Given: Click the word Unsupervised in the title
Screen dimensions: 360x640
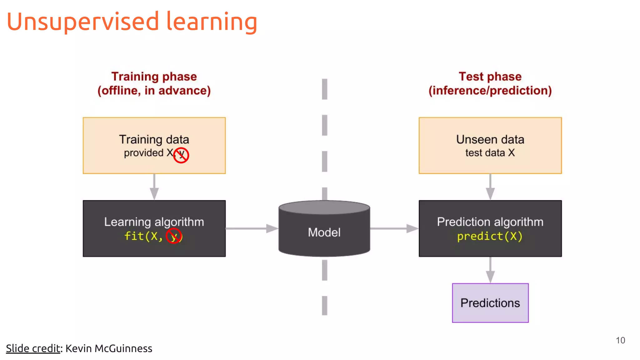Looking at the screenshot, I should [83, 22].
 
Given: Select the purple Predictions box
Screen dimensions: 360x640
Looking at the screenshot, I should [490, 303].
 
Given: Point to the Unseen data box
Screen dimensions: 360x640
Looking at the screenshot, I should [490, 145].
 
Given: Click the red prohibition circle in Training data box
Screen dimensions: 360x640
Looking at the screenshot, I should [181, 155].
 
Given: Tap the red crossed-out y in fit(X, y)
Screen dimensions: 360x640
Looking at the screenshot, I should [174, 236].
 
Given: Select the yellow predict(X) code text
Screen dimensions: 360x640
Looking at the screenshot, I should [490, 236].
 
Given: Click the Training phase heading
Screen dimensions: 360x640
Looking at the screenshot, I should [154, 77].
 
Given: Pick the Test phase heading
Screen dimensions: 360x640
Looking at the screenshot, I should [490, 77].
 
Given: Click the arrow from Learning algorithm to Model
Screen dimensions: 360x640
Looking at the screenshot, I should [252, 228].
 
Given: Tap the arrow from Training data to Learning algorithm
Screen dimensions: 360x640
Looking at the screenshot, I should [154, 187].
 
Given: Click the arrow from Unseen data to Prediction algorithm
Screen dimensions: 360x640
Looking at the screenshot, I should [490, 187].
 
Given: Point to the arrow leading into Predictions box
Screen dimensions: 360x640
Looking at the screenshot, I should [490, 270].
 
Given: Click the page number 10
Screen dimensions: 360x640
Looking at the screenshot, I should [620, 340].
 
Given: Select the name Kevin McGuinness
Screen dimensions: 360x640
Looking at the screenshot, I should [109, 348].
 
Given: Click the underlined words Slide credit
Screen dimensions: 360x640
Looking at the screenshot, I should [33, 348].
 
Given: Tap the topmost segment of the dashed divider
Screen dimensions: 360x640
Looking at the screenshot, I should [325, 89].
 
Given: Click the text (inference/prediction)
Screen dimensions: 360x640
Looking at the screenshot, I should [490, 91].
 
